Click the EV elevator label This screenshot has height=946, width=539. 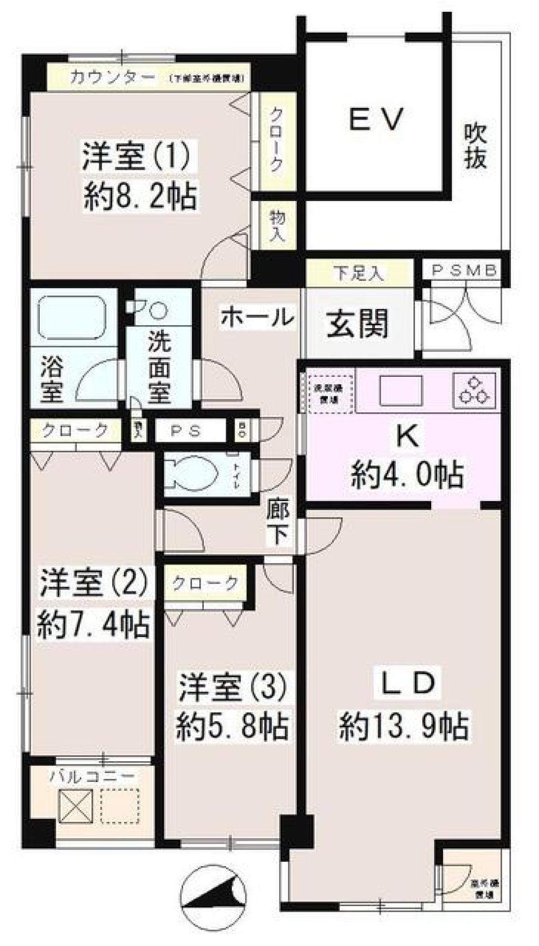tap(376, 120)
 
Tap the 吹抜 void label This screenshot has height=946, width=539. tap(474, 147)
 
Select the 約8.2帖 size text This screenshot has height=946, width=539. tap(140, 197)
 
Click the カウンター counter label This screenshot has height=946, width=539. tap(112, 78)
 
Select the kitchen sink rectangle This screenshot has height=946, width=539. tap(400, 389)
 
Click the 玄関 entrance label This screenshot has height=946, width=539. tap(357, 325)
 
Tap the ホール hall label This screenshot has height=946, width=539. tap(257, 318)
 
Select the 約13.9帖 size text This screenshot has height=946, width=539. tap(404, 727)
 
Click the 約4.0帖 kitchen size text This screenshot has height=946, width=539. tap(407, 475)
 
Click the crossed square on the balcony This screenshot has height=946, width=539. tap(75, 805)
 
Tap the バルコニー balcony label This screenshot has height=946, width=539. tap(93, 777)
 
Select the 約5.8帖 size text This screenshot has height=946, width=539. tap(232, 726)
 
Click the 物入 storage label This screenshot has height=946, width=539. tap(277, 225)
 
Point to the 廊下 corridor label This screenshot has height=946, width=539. tap(278, 523)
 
